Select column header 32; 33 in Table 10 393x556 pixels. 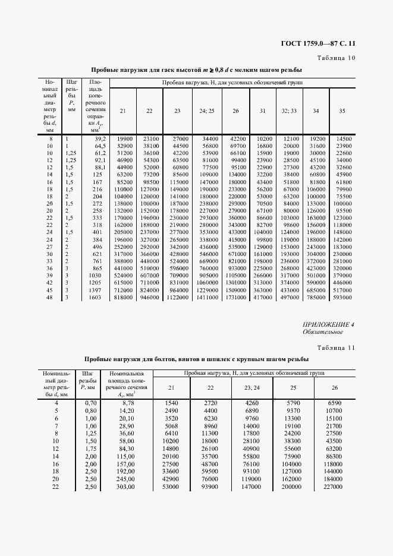click(x=290, y=110)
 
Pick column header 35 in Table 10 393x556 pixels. click(x=341, y=110)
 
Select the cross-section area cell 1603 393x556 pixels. click(x=96, y=297)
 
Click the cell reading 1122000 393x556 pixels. click(x=177, y=297)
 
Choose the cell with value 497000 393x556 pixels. click(x=290, y=297)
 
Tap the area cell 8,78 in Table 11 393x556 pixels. click(x=125, y=403)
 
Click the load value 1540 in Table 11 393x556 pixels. click(x=171, y=403)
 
